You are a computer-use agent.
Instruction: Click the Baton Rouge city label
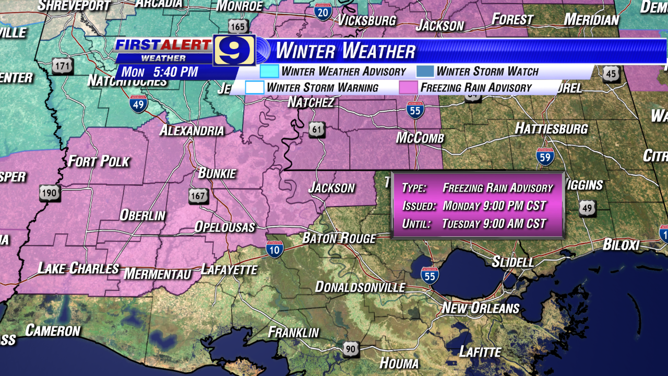[339, 238]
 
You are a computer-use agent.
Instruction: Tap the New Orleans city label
[480, 308]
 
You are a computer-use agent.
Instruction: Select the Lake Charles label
[78, 268]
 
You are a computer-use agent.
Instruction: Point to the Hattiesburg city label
[551, 128]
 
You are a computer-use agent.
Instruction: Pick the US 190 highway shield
[50, 193]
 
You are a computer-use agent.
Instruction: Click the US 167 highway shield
[199, 196]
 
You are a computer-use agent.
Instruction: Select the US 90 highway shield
[351, 349]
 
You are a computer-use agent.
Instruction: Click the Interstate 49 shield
[138, 104]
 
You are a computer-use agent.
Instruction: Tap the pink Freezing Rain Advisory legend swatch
[408, 87]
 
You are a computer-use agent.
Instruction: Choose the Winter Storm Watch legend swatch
[425, 71]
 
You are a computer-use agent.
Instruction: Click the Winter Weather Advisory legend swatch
[269, 71]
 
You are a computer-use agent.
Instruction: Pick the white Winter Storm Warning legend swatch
[255, 87]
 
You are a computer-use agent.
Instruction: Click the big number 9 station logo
[234, 51]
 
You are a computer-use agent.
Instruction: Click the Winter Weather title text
[345, 51]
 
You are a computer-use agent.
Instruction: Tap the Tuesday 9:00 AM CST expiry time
[494, 224]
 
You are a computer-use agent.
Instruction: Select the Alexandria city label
[191, 131]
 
